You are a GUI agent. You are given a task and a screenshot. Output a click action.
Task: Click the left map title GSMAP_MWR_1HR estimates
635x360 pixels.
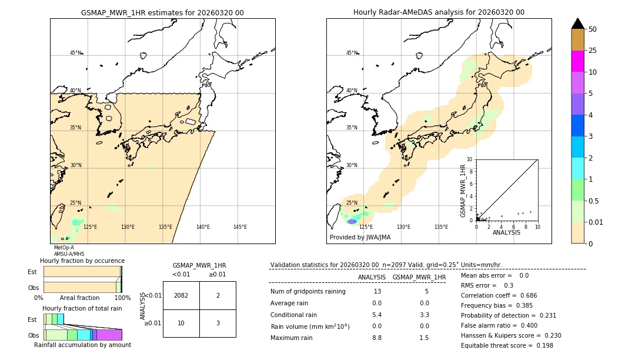point(162,12)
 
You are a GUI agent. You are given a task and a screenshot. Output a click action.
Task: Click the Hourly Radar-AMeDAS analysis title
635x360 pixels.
point(439,12)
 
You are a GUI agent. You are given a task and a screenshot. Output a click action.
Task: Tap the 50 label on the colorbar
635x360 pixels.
point(593,29)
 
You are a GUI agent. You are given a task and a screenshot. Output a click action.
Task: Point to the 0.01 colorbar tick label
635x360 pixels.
point(596,222)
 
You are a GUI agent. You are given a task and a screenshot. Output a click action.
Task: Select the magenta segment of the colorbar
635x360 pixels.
point(578,61)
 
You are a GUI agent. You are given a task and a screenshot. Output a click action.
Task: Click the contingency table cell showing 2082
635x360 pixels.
point(181,295)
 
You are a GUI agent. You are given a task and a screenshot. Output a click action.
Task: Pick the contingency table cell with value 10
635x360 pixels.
point(181,323)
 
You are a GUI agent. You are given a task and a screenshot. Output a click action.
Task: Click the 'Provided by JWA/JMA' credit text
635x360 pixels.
point(360,237)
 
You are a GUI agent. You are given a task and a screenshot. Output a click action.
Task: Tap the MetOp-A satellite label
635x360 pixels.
point(63,248)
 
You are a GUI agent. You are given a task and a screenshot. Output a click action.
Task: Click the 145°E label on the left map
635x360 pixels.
point(240,227)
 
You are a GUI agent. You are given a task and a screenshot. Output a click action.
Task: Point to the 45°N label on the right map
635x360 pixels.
point(352,53)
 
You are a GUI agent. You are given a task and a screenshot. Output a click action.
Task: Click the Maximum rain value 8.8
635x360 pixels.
point(377,338)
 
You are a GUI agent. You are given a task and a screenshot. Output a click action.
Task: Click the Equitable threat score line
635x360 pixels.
point(507,345)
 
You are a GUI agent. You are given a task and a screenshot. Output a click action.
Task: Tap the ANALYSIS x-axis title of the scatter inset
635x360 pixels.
point(506,232)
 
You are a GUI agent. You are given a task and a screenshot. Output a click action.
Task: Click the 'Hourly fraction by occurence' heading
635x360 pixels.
point(82,261)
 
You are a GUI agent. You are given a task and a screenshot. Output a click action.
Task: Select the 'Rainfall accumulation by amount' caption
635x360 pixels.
point(82,345)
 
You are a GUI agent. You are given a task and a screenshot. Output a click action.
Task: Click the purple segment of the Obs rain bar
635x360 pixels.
point(109,335)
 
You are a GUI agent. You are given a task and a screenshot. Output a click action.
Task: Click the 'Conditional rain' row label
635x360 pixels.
point(293,315)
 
